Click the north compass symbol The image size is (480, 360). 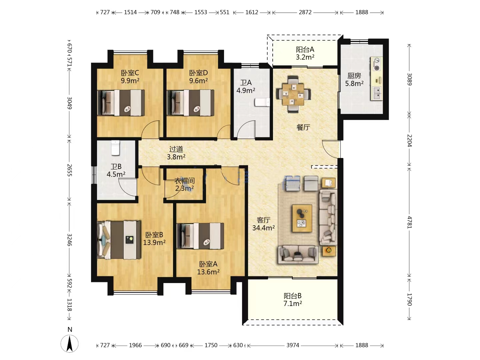click(x=70, y=344)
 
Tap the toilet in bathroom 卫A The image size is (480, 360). click(x=262, y=102)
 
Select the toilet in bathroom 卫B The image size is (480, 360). click(x=115, y=148)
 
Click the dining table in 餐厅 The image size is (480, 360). click(x=293, y=94)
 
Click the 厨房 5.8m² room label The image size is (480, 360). click(x=354, y=80)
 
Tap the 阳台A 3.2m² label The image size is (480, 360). click(x=305, y=53)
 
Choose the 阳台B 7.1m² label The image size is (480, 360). click(x=293, y=300)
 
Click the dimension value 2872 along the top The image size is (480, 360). click(x=305, y=12)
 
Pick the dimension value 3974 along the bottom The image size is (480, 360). click(x=293, y=345)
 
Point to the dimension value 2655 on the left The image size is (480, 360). click(x=69, y=170)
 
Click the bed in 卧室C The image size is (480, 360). click(x=121, y=103)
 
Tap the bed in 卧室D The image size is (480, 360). click(x=190, y=103)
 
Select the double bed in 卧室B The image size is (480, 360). click(x=119, y=240)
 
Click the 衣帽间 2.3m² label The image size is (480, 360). click(x=184, y=184)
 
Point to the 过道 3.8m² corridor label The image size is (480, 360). click(x=176, y=153)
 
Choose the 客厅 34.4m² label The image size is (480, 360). click(x=264, y=224)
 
